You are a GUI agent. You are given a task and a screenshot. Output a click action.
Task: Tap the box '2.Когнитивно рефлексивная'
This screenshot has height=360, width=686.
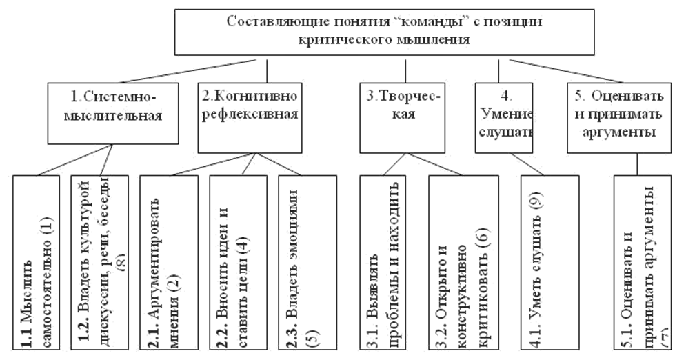tap(250, 117)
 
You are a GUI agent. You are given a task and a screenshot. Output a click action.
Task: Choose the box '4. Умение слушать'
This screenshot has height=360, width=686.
tap(505, 117)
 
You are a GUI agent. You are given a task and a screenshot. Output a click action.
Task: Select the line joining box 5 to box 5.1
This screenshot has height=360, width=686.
tap(638, 163)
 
